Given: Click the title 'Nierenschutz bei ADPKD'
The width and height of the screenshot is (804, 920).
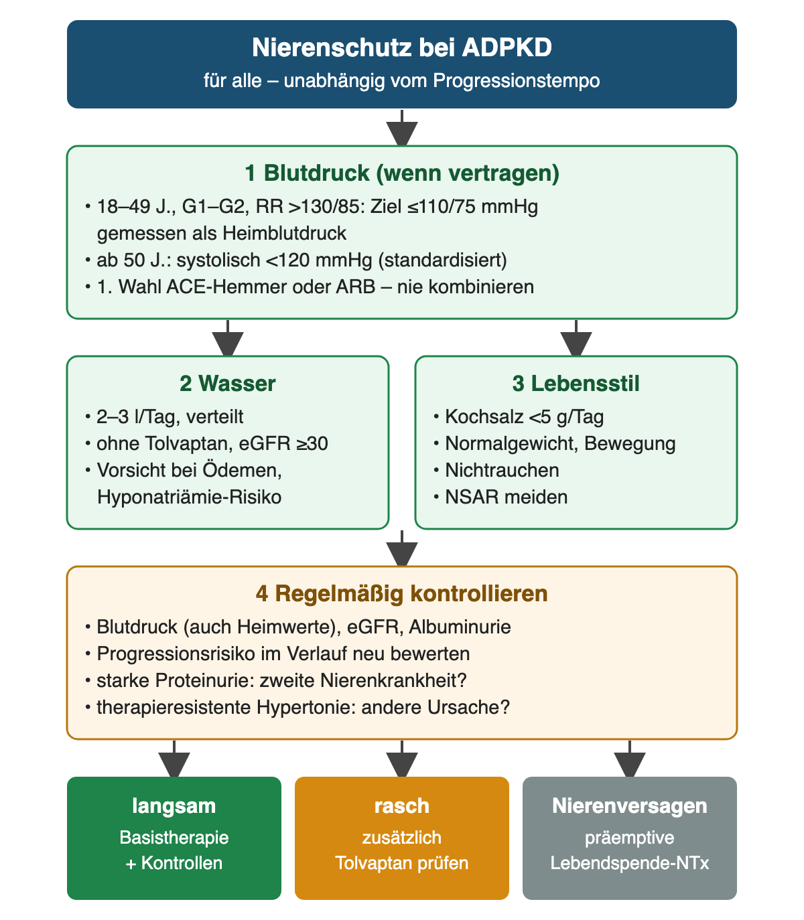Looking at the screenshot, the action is (402, 48).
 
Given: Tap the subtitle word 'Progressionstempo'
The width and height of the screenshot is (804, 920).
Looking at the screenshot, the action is (516, 81).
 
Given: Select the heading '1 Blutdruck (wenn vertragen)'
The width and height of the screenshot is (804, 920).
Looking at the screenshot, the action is (402, 173).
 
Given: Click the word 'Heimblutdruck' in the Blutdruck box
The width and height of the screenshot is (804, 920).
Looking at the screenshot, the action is (284, 234).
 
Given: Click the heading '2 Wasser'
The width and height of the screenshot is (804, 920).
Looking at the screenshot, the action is (228, 384).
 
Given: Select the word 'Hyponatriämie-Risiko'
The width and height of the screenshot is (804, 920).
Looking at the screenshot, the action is (190, 497).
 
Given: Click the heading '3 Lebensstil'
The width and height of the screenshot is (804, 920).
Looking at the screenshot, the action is (576, 384).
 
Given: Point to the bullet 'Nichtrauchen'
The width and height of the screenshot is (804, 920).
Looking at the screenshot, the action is (502, 470).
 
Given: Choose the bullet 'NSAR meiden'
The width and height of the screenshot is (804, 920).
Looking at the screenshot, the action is (506, 497).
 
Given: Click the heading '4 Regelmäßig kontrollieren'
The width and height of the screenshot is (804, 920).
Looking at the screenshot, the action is (402, 593).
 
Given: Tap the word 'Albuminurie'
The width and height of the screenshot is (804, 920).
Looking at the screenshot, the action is (460, 627).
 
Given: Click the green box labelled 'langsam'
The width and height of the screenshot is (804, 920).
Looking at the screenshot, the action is (174, 838).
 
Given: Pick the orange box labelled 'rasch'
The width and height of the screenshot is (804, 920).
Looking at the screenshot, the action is (402, 838).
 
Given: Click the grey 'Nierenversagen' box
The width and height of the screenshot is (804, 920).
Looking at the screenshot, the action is (629, 838).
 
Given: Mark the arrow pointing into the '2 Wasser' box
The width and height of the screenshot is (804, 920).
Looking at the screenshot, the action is (228, 337).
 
